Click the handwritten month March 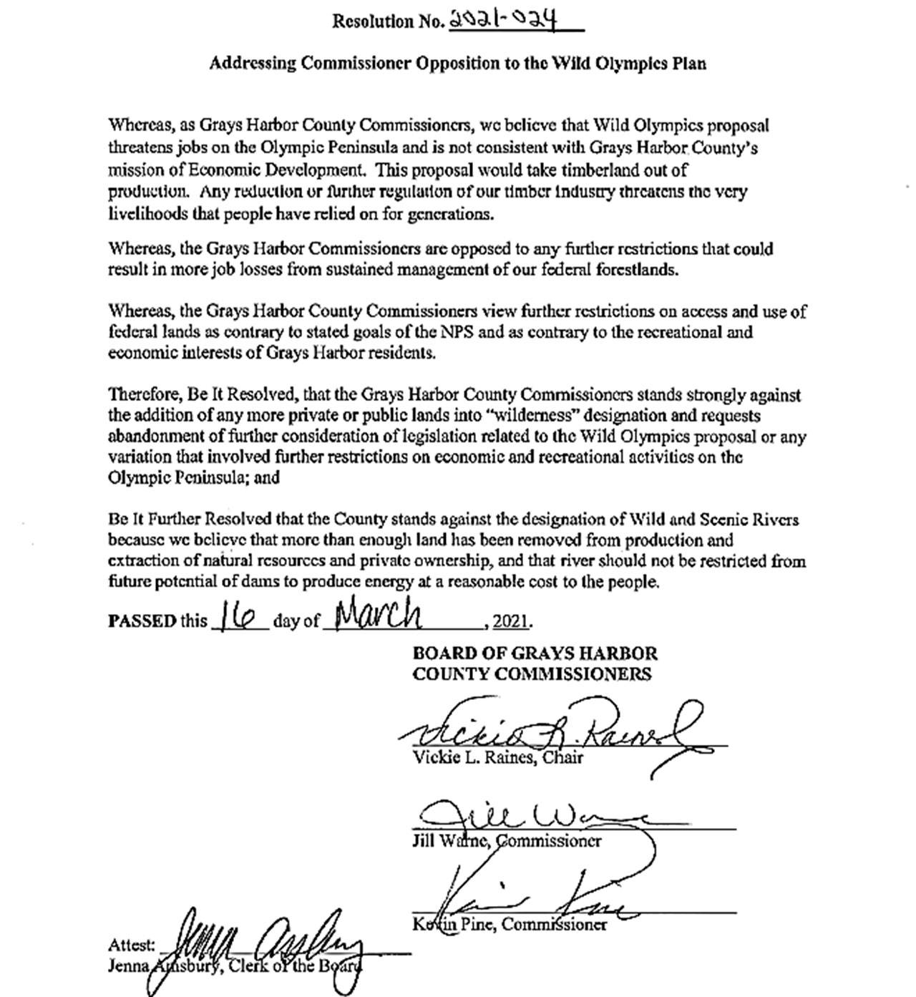pos(378,613)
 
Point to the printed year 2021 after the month pos(512,621)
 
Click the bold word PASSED pos(141,621)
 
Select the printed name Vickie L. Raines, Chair pos(498,758)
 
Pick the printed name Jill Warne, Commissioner pos(507,841)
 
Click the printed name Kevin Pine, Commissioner pos(510,925)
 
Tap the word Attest pos(131,945)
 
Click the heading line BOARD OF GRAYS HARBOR pos(535,653)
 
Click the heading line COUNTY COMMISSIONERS pos(532,674)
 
